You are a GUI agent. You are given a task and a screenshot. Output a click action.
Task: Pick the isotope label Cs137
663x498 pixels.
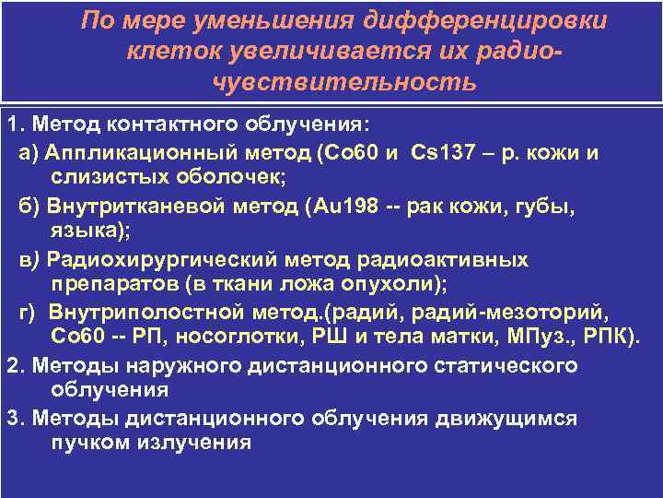tap(436, 153)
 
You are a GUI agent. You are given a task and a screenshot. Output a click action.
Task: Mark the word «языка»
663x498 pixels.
tap(77, 231)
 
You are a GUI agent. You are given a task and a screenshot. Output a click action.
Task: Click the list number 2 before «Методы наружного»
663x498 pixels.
tap(12, 365)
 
